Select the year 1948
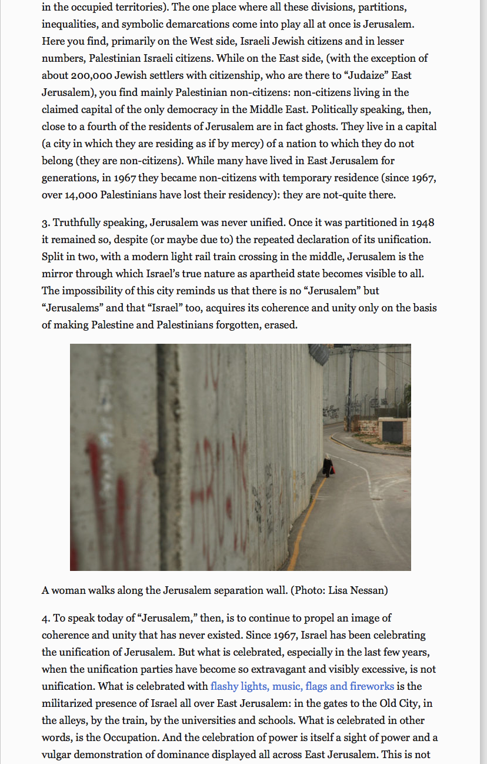pyautogui.click(x=422, y=223)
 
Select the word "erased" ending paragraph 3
pyautogui.click(x=281, y=325)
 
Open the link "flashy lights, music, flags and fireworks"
pyautogui.click(x=302, y=686)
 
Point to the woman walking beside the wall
pyautogui.click(x=327, y=465)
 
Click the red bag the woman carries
pyautogui.click(x=332, y=470)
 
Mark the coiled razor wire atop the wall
pyautogui.click(x=319, y=354)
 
